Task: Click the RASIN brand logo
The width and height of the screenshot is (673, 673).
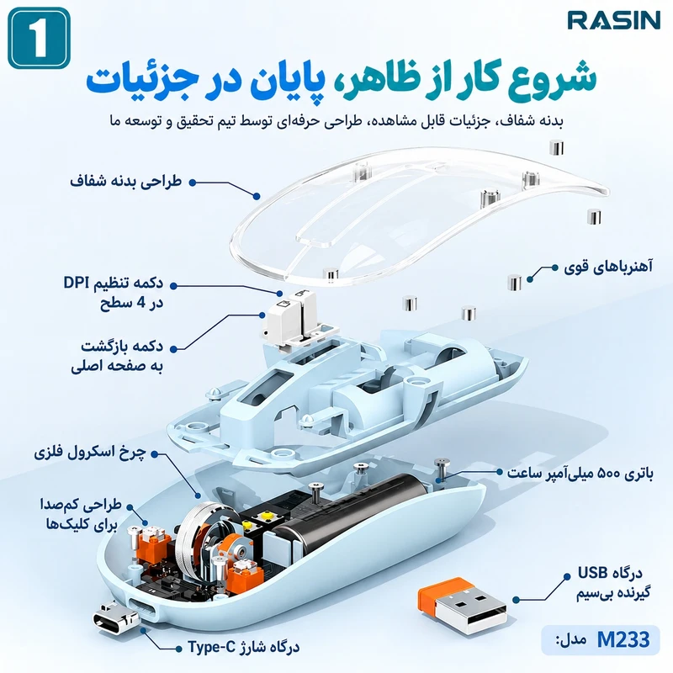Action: (614, 20)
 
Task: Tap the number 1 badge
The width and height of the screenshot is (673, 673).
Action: (39, 38)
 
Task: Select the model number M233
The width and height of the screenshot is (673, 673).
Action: (623, 639)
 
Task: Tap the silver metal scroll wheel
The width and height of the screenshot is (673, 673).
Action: (201, 537)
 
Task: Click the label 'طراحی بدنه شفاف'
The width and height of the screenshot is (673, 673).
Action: (125, 181)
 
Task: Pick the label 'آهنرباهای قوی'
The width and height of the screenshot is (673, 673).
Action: (608, 268)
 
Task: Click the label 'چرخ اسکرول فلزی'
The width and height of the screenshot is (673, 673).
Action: (90, 453)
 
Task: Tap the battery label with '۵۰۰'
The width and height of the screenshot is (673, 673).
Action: (580, 473)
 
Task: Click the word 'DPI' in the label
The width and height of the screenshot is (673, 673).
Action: (77, 283)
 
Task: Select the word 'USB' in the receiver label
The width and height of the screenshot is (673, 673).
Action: (592, 573)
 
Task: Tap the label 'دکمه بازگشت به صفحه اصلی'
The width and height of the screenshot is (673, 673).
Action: (117, 356)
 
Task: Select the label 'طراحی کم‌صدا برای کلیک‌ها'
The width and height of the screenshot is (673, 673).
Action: (80, 515)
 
